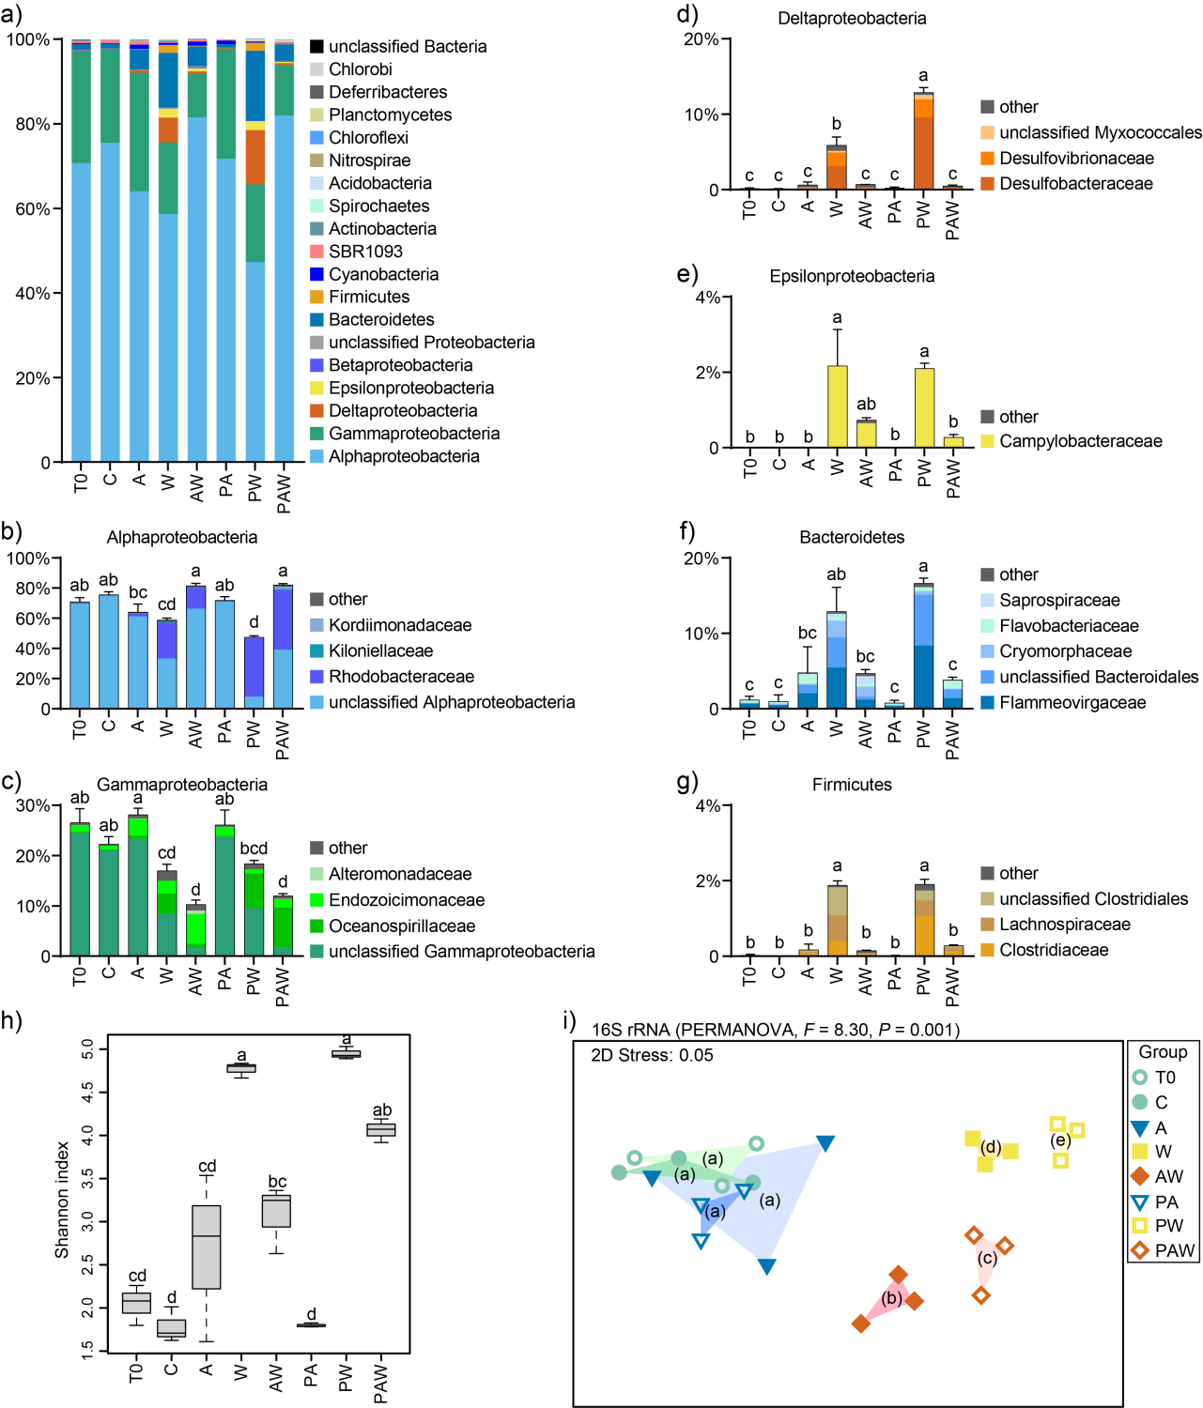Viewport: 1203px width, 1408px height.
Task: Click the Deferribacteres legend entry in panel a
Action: (x=387, y=92)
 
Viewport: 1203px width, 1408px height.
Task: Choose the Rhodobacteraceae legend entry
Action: (x=401, y=677)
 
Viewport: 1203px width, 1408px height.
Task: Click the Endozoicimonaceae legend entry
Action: (x=406, y=900)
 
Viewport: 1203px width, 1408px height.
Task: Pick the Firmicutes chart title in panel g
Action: (x=852, y=785)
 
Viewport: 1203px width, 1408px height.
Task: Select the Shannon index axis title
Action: (x=62, y=1200)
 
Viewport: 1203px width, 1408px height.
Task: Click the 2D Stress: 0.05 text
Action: (x=652, y=1055)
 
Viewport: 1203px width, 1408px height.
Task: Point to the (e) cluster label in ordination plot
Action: (x=1060, y=1140)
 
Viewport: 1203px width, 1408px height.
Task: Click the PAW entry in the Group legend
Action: (x=1174, y=1250)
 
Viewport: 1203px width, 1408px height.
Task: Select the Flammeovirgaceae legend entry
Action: (x=1072, y=703)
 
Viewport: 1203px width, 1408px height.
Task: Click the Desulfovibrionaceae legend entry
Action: (x=1076, y=159)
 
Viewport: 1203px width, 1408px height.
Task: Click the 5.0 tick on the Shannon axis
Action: (x=88, y=1048)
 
